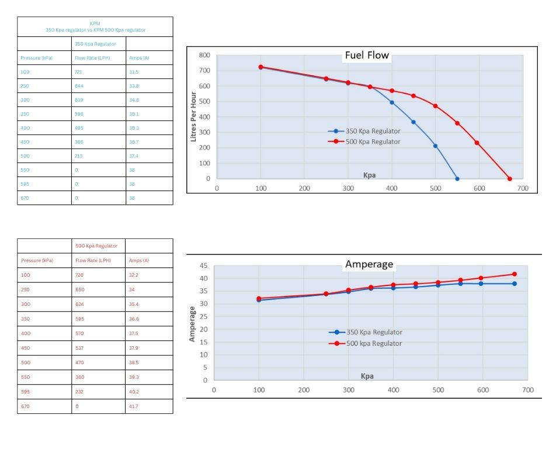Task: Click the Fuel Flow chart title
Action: pyautogui.click(x=366, y=56)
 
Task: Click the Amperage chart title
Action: pyautogui.click(x=369, y=264)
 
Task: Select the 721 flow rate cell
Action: pyautogui.click(x=78, y=72)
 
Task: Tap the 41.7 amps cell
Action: pyautogui.click(x=134, y=406)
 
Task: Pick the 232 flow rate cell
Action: pyautogui.click(x=79, y=391)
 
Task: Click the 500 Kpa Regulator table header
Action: pyautogui.click(x=96, y=246)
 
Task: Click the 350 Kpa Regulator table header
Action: pyautogui.click(x=95, y=44)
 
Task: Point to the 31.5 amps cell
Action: pyautogui.click(x=134, y=72)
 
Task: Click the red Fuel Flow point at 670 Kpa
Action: pyautogui.click(x=509, y=179)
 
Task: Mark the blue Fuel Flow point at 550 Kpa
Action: pyautogui.click(x=457, y=179)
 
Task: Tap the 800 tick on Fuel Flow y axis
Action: pyautogui.click(x=204, y=55)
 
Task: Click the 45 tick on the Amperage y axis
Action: pyautogui.click(x=203, y=266)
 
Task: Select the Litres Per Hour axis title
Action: pyautogui.click(x=194, y=117)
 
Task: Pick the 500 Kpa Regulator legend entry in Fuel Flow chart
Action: pyautogui.click(x=372, y=142)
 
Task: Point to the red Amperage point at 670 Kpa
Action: pyautogui.click(x=515, y=274)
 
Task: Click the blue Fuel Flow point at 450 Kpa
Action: pyautogui.click(x=414, y=122)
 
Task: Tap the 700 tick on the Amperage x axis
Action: pyautogui.click(x=527, y=390)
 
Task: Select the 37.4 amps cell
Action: pyautogui.click(x=134, y=156)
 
